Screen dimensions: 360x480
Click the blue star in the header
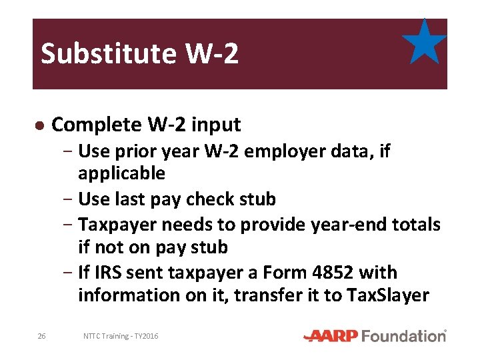pyautogui.click(x=425, y=43)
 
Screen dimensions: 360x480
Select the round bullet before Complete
pyautogui.click(x=39, y=125)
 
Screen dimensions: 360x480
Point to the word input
pyautogui.click(x=217, y=125)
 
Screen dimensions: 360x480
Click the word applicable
pyautogui.click(x=121, y=174)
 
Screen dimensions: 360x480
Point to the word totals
pyautogui.click(x=413, y=225)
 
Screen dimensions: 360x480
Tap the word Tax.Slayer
pyautogui.click(x=389, y=295)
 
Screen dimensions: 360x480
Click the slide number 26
pyautogui.click(x=41, y=337)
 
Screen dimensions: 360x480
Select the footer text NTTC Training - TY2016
pyautogui.click(x=121, y=337)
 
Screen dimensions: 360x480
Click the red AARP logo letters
pyautogui.click(x=331, y=336)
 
